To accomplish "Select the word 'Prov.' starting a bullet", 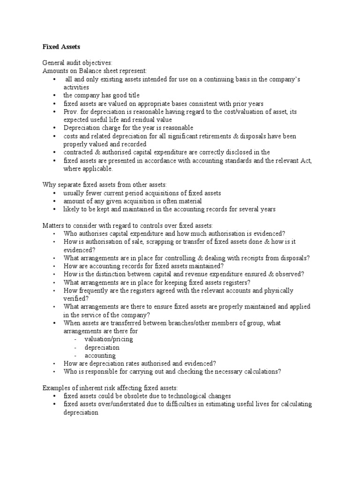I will (73, 112).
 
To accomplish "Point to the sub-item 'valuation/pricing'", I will (108, 339).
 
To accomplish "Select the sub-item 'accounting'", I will (100, 355).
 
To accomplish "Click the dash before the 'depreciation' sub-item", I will (75, 347).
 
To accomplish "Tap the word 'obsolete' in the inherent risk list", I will (130, 396).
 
